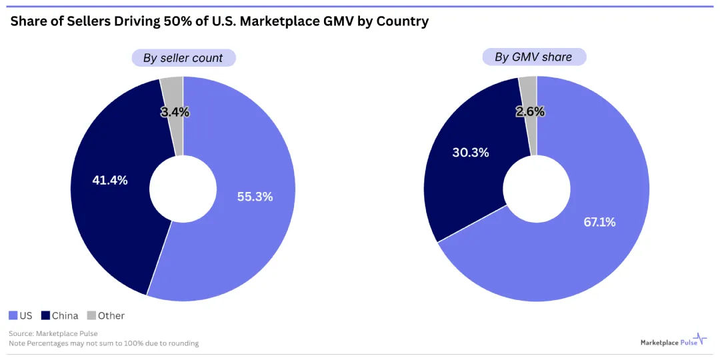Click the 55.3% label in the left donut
tap(255, 197)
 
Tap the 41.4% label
tap(109, 180)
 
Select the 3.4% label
tap(175, 113)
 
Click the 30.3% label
tap(471, 153)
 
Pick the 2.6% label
tap(530, 112)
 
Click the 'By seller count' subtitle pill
tap(183, 58)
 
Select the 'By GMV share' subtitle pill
tap(533, 57)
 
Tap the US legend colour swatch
tap(13, 315)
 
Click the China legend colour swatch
tap(45, 315)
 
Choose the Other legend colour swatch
tap(92, 315)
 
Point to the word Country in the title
tap(402, 21)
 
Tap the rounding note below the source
tap(103, 343)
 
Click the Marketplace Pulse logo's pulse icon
tap(700, 339)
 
